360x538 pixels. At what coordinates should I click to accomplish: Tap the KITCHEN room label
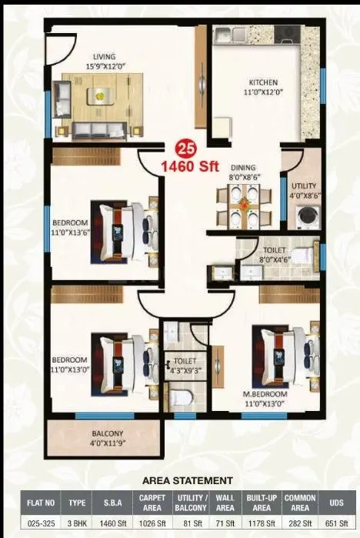pos(262,82)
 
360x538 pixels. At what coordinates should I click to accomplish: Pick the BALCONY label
pos(88,434)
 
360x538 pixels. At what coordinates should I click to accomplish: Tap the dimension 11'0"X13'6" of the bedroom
pos(75,229)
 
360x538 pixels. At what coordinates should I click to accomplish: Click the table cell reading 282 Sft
pos(299,525)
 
